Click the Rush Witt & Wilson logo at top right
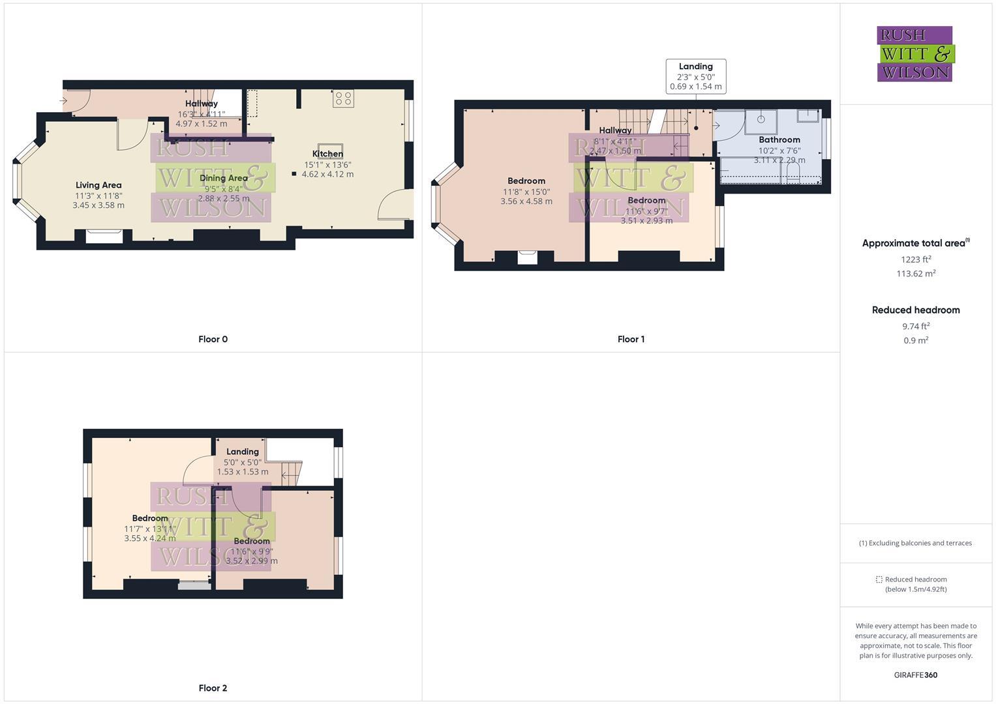tap(914, 54)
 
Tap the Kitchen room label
tap(327, 154)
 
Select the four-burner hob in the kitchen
tap(343, 99)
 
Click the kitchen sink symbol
tap(330, 149)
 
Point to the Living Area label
tap(98, 185)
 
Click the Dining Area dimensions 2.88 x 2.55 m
tap(224, 199)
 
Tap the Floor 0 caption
tap(213, 339)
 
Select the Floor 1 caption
tap(631, 339)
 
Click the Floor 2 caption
tap(213, 688)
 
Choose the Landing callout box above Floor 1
tap(695, 76)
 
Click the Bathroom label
tap(779, 139)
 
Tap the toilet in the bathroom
tap(793, 173)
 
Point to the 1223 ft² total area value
tap(916, 259)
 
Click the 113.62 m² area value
tap(916, 274)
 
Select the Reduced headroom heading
tap(916, 310)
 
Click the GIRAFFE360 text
tap(916, 675)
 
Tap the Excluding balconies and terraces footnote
tap(916, 543)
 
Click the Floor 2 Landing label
tap(243, 452)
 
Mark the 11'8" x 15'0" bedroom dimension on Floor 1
tap(526, 192)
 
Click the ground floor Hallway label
tap(202, 104)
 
